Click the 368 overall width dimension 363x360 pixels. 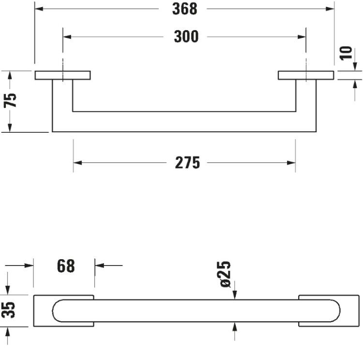[184, 9]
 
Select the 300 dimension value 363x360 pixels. [186, 37]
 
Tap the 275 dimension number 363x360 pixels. [187, 163]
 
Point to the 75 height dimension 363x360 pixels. [10, 100]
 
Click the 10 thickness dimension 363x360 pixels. [346, 53]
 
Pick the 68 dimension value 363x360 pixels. [66, 266]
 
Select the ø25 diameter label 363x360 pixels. [224, 274]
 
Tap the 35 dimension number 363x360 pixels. [8, 310]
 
